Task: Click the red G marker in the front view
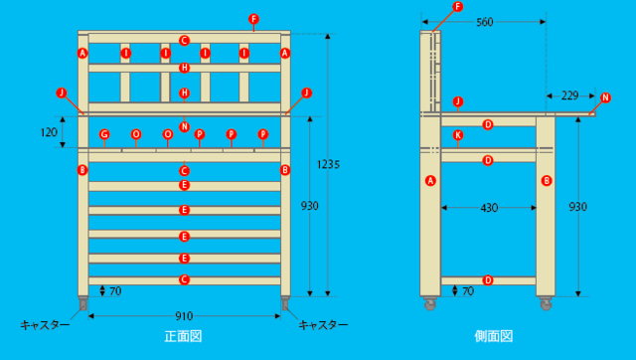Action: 104,133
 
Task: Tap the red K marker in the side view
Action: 458,134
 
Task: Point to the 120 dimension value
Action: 48,131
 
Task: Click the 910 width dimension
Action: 185,317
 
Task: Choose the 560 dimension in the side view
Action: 486,21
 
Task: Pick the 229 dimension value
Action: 569,95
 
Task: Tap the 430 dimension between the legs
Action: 489,207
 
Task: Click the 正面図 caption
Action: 184,337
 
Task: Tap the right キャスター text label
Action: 324,324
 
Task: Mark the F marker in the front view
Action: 253,19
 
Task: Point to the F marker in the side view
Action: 457,7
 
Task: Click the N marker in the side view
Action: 606,97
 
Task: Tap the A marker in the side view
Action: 430,180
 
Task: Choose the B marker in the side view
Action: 546,180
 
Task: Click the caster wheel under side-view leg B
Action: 546,303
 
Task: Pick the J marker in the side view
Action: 458,101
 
